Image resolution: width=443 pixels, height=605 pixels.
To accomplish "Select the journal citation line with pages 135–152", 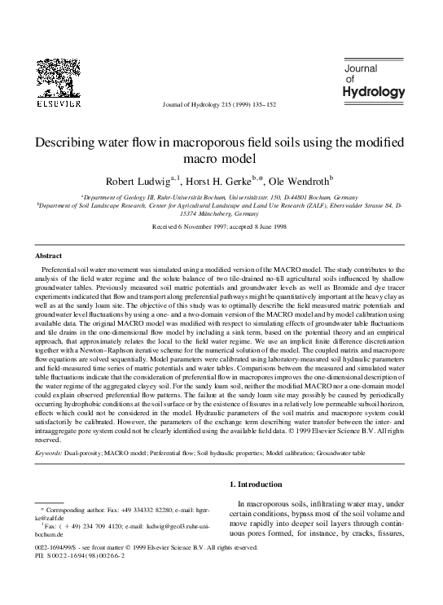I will pos(219,106).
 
